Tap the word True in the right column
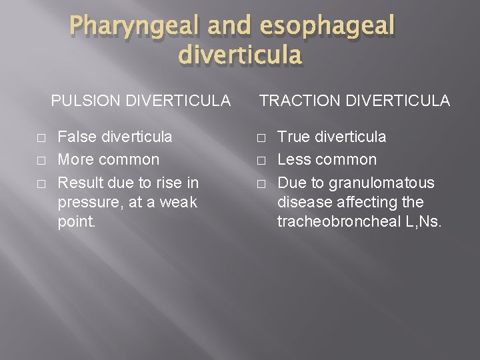(x=294, y=137)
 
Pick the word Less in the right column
(x=294, y=160)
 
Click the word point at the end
(x=77, y=221)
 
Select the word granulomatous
(x=381, y=183)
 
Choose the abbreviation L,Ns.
(x=423, y=221)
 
